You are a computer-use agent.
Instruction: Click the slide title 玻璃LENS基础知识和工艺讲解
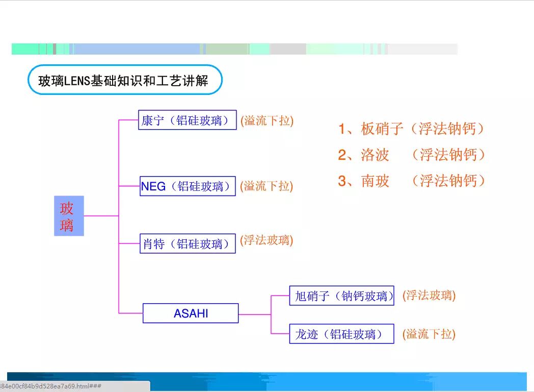click(x=124, y=80)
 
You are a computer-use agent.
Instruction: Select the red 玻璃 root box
click(x=69, y=216)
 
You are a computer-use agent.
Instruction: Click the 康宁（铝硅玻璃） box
click(x=188, y=120)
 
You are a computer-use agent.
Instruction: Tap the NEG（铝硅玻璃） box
click(x=188, y=186)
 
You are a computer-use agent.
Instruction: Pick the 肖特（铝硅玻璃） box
click(x=188, y=243)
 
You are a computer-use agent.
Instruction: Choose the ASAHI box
click(x=191, y=313)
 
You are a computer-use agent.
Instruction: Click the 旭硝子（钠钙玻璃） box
click(x=341, y=296)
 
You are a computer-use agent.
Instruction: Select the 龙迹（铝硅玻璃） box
click(x=341, y=334)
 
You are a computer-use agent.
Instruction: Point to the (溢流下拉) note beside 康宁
click(x=267, y=120)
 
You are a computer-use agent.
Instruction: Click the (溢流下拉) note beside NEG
click(x=267, y=186)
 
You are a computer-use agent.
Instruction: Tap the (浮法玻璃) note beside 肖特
click(x=267, y=240)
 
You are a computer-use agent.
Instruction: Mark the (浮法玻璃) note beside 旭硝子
click(x=429, y=295)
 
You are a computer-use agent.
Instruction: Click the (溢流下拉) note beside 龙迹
click(x=429, y=334)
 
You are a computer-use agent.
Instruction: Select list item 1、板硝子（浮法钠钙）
click(x=411, y=129)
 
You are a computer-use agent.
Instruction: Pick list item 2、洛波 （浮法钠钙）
click(x=411, y=155)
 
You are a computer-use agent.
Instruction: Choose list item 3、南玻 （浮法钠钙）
click(x=411, y=181)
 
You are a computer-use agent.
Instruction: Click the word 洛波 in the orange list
click(x=375, y=155)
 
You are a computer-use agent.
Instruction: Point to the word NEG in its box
click(x=153, y=186)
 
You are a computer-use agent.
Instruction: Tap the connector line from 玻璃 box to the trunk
click(x=101, y=216)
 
